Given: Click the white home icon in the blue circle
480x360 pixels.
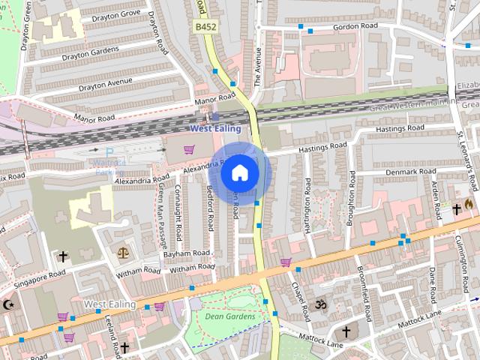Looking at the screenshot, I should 239,172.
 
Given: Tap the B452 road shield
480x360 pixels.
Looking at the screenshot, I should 205,27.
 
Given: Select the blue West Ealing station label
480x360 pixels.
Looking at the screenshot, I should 216,128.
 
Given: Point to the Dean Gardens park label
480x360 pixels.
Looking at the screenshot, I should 230,316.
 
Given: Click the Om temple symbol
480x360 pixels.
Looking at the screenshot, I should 321,305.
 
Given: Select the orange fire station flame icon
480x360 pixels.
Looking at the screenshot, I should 469,203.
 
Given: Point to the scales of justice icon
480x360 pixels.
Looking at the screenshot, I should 122,253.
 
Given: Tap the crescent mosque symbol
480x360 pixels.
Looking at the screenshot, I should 9,304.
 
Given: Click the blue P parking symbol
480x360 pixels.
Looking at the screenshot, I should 109,153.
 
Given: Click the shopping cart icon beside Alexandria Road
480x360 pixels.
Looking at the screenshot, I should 189,149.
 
